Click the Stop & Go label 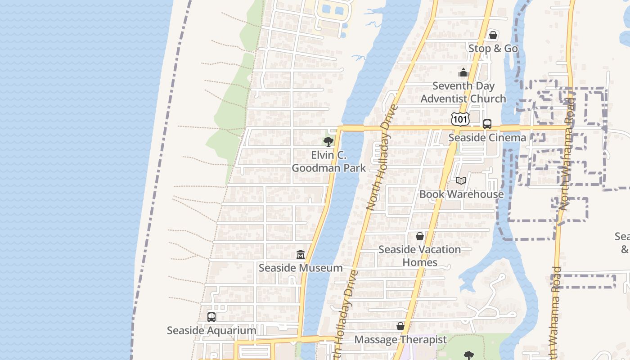[493, 48]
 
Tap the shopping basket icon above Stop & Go [493, 35]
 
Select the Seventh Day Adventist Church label [463, 92]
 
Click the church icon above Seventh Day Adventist [463, 72]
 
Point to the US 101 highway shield [460, 119]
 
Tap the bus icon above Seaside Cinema [487, 124]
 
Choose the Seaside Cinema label [487, 138]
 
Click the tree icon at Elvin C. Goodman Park [328, 142]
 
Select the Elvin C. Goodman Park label [328, 162]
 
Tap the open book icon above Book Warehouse [461, 180]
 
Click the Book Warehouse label [461, 194]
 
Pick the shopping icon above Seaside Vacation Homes [420, 236]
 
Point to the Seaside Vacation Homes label [420, 256]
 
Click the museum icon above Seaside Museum [301, 255]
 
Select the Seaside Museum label [301, 268]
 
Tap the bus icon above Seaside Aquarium [211, 317]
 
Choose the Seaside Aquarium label [211, 330]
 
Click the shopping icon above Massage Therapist [400, 326]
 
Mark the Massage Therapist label [400, 339]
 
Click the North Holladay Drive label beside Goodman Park [382, 157]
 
